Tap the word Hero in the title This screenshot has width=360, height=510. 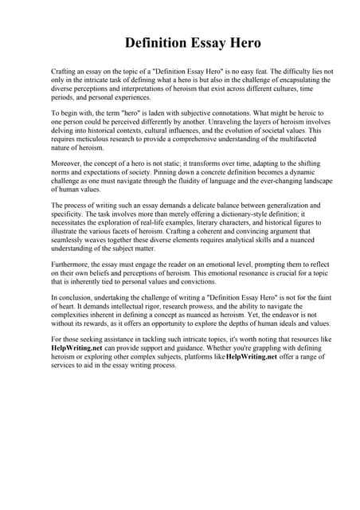(238, 41)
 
